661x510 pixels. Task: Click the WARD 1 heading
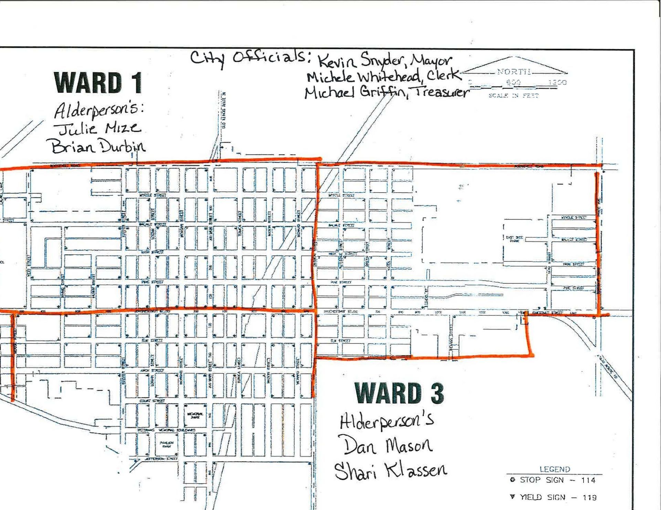pyautogui.click(x=98, y=83)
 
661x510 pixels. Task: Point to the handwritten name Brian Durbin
pyautogui.click(x=98, y=147)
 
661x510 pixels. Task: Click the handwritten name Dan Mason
pyautogui.click(x=387, y=446)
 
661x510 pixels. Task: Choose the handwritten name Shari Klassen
pyautogui.click(x=391, y=470)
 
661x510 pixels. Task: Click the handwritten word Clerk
pyautogui.click(x=443, y=76)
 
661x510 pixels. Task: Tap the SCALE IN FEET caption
pyautogui.click(x=513, y=95)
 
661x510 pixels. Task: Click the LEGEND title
pyautogui.click(x=555, y=469)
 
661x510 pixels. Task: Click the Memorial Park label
pyautogui.click(x=195, y=415)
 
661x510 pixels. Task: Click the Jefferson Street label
pyautogui.click(x=162, y=459)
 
